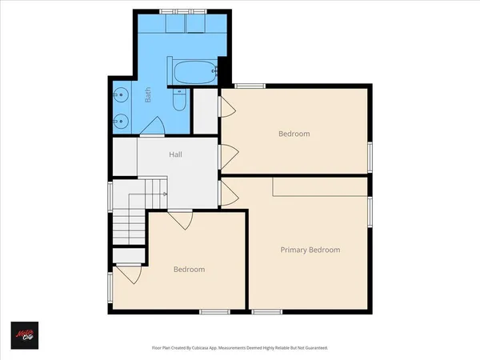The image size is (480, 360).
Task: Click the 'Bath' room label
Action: tap(148, 97)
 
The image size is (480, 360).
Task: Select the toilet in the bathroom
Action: tap(180, 102)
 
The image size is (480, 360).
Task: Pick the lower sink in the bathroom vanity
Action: tap(119, 122)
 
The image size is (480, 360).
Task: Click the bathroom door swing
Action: tap(156, 126)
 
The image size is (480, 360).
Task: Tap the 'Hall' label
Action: tap(178, 154)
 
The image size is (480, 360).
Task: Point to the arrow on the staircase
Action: tap(164, 194)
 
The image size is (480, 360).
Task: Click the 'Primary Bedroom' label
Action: tap(310, 250)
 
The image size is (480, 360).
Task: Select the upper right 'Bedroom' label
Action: tap(294, 134)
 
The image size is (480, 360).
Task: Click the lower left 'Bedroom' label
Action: tap(189, 270)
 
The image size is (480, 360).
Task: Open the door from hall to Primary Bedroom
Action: tap(227, 192)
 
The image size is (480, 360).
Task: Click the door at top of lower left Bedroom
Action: tap(180, 220)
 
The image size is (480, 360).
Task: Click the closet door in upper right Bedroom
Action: tap(226, 105)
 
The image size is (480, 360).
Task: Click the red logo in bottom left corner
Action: tap(25, 334)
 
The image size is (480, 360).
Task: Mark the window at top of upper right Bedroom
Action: tap(250, 86)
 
